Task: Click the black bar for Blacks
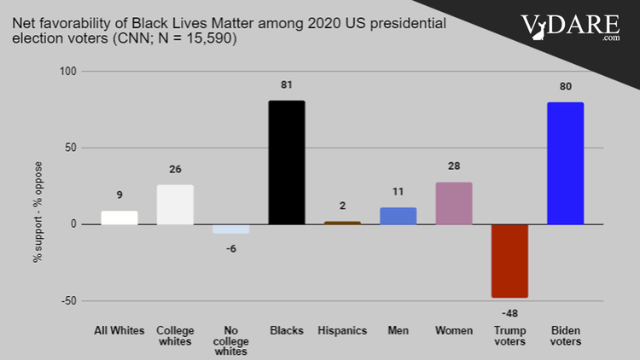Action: (286, 162)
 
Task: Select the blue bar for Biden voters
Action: (564, 163)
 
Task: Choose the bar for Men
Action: (398, 216)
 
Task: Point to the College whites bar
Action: (175, 205)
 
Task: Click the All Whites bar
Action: (119, 218)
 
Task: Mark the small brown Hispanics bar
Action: (341, 223)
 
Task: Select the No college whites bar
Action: (230, 229)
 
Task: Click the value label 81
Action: (286, 84)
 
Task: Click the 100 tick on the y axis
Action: (68, 72)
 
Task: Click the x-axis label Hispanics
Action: (341, 330)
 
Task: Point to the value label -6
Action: (230, 248)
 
